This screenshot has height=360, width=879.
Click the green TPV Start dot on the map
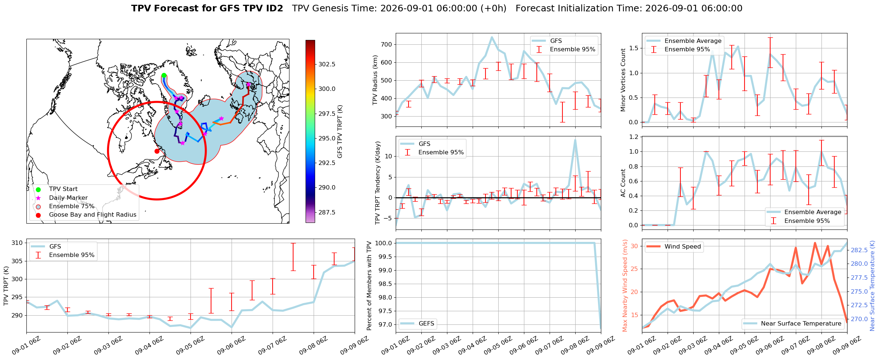164,76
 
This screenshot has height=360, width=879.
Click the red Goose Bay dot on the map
157,151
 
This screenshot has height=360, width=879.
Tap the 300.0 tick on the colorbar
327,89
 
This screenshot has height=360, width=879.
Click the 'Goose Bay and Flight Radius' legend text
93,215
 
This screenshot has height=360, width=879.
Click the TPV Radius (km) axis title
375,80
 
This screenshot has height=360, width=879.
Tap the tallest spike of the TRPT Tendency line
575,139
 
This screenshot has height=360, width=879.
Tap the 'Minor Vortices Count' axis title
623,80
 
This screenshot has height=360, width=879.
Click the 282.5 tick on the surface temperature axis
859,250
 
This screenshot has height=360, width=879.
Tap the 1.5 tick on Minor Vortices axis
634,48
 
